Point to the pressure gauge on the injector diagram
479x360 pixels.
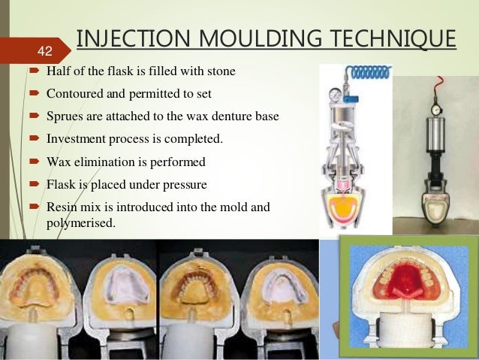[x=333, y=95]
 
